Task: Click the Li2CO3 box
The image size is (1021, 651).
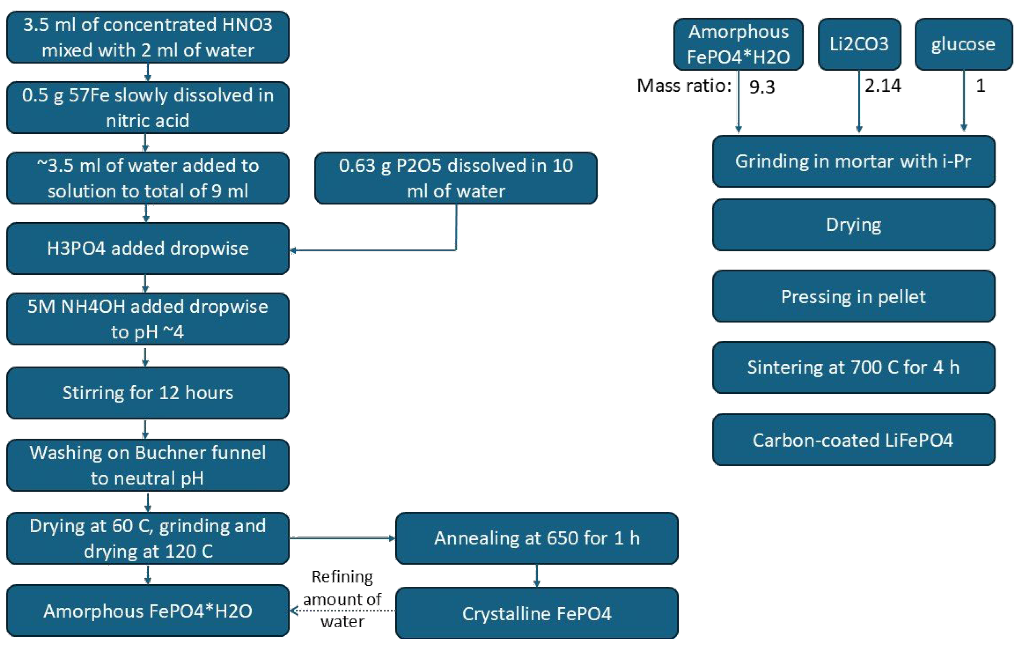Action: click(x=859, y=44)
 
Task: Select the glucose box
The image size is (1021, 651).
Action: click(x=964, y=44)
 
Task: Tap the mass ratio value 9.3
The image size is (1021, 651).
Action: click(x=762, y=87)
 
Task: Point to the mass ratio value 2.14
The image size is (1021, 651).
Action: click(x=883, y=86)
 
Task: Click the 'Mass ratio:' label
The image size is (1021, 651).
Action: click(x=684, y=86)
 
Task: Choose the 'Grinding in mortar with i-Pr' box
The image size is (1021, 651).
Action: click(x=853, y=162)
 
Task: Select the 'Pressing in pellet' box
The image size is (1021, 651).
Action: click(x=853, y=297)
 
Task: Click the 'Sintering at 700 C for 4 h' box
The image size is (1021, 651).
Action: click(x=853, y=367)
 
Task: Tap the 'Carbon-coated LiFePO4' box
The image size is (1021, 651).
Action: click(x=853, y=440)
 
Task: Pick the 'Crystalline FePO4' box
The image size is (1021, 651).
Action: click(x=536, y=613)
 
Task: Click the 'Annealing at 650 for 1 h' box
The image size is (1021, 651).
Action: click(x=536, y=538)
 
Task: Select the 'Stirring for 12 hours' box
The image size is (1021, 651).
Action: click(x=148, y=393)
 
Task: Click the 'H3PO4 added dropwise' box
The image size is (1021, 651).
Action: click(x=148, y=248)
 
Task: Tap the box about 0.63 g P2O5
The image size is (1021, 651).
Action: click(x=456, y=178)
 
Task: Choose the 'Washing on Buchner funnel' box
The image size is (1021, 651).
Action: click(x=148, y=465)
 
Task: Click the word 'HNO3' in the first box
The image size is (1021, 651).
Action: click(x=247, y=24)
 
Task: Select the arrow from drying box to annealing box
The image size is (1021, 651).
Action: click(x=342, y=538)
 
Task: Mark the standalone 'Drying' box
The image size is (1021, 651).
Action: click(x=853, y=225)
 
